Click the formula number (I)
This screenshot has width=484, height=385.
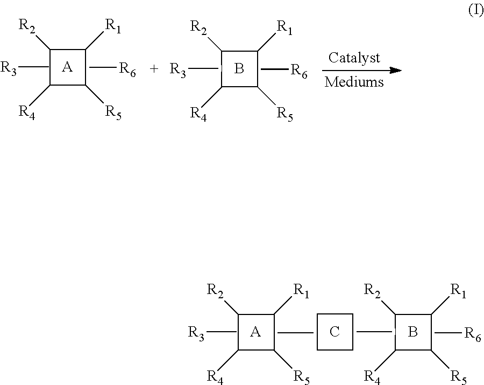tap(476, 11)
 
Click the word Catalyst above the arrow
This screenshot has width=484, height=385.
tap(354, 58)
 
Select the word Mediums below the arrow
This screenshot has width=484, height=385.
tap(354, 82)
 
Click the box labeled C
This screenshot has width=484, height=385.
tap(334, 332)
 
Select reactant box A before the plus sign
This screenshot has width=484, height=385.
tap(68, 67)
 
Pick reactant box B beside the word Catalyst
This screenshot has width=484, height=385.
tap(240, 69)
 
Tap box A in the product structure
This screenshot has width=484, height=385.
tap(256, 332)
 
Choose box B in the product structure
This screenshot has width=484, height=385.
tap(413, 332)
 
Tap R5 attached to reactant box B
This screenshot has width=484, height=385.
tap(285, 114)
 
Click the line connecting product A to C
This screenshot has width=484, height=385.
tap(295, 333)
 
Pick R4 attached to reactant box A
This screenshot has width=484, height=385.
tap(27, 113)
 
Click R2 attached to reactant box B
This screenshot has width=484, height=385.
tap(198, 26)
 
